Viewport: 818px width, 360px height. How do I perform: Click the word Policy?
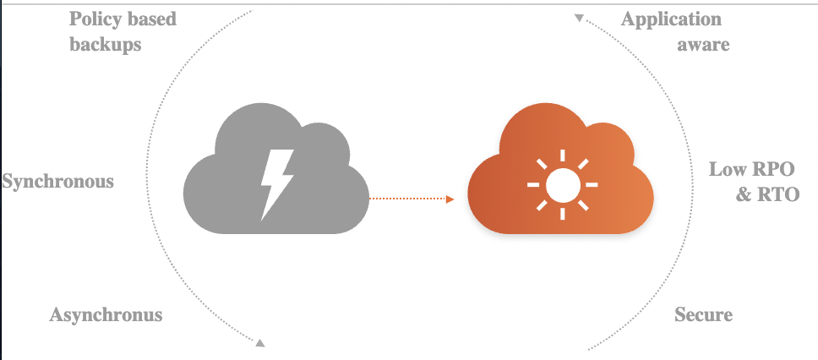click(93, 19)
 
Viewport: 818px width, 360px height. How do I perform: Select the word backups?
click(105, 44)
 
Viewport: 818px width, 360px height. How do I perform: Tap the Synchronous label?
click(57, 182)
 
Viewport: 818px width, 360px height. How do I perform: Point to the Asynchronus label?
click(106, 315)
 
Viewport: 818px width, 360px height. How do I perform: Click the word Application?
click(672, 19)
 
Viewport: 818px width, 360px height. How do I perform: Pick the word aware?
click(703, 44)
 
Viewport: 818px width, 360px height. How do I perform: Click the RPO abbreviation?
click(774, 170)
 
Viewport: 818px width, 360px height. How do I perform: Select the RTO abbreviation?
click(778, 195)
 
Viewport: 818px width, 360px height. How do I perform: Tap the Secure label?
click(703, 315)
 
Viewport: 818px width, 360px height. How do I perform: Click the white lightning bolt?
click(276, 183)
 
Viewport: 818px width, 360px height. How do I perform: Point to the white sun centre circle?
click(562, 183)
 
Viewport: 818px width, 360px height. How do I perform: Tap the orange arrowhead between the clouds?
click(450, 199)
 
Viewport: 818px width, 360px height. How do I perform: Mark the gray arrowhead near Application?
click(578, 17)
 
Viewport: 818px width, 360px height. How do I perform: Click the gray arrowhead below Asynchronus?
click(260, 342)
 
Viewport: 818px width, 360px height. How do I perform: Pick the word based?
click(151, 19)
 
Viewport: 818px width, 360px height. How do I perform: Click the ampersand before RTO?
click(744, 195)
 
